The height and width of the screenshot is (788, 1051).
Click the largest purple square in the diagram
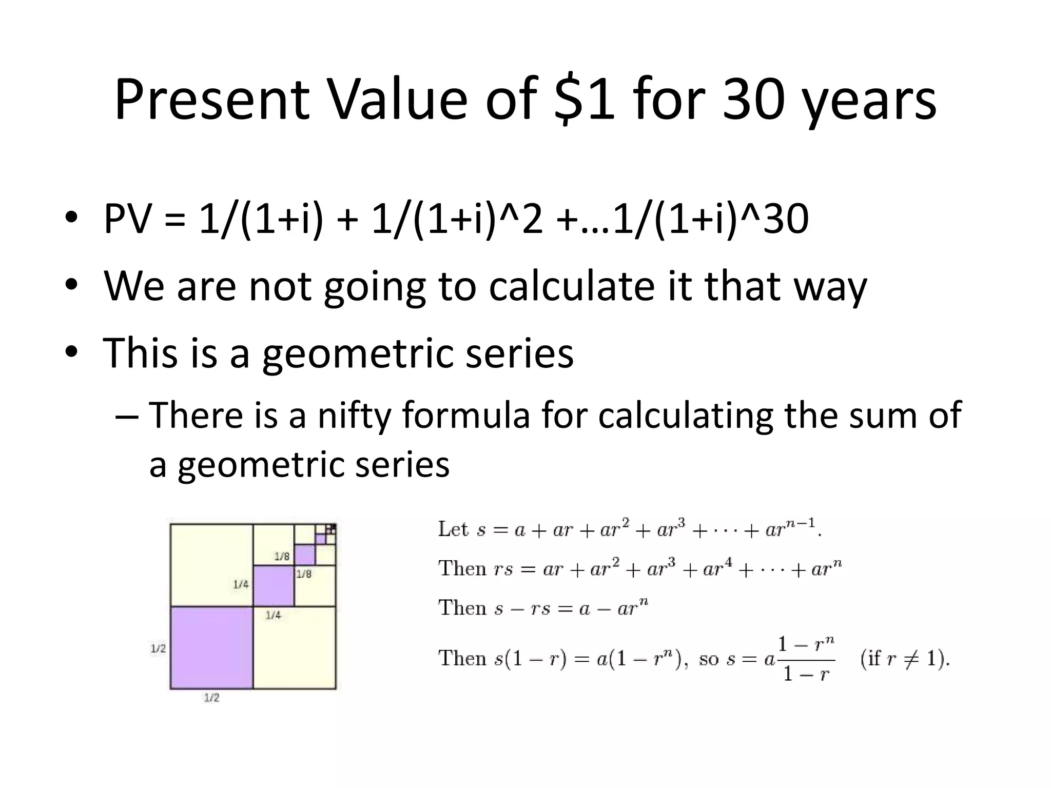[x=211, y=647]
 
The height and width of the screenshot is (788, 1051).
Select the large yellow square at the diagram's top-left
[x=211, y=564]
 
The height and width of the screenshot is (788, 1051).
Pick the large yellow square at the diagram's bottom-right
[x=295, y=647]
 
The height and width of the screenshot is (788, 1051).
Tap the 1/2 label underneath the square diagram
[x=211, y=698]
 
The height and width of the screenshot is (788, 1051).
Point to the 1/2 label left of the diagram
[x=158, y=648]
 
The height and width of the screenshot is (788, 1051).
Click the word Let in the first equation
[x=453, y=529]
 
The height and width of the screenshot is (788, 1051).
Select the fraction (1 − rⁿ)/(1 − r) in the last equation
[x=806, y=659]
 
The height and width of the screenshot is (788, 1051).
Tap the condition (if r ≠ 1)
[x=905, y=658]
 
